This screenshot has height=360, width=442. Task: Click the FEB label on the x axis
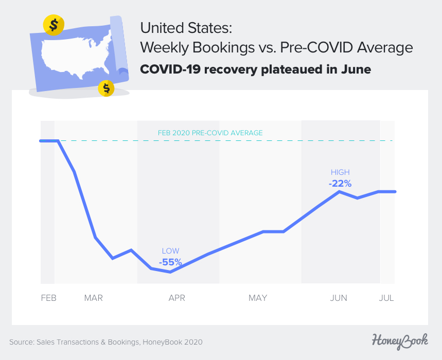48,298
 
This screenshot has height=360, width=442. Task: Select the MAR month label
94,298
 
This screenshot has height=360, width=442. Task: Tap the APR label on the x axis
176,298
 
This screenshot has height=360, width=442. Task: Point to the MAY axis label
258,298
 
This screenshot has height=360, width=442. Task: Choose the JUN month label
339,298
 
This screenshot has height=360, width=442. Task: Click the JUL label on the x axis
386,298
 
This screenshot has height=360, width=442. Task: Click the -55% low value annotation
170,262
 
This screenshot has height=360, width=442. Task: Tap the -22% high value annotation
340,183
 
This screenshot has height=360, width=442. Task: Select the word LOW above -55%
170,251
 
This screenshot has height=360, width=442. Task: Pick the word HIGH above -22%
340,172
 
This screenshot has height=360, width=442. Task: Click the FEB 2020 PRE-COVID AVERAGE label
210,133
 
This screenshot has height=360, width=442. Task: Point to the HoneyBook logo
399,340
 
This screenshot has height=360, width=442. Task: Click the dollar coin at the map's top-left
54,24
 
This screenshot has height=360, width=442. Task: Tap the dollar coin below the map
106,88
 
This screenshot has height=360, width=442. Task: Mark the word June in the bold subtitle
354,69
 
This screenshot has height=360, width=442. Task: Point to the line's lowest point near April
170,272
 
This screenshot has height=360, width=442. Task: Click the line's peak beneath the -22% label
340,191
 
